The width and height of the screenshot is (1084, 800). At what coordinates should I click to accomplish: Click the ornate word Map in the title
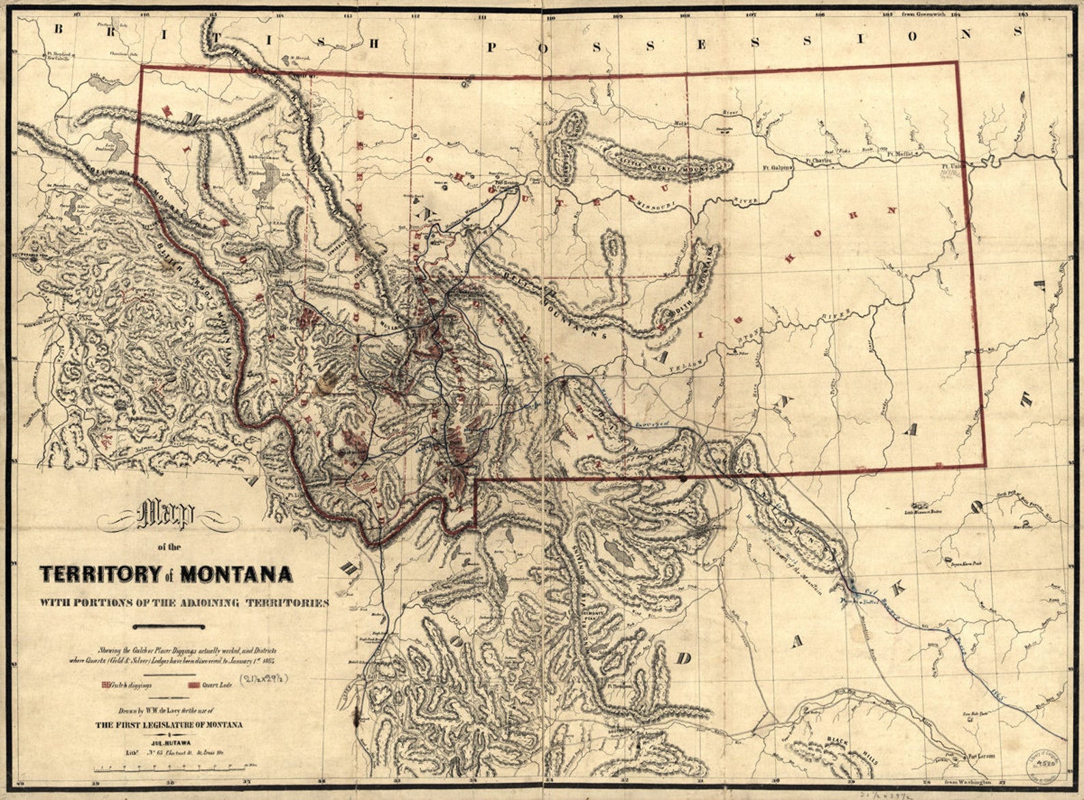(x=167, y=517)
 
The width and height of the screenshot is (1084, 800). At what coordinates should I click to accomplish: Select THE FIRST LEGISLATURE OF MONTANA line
(x=169, y=725)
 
